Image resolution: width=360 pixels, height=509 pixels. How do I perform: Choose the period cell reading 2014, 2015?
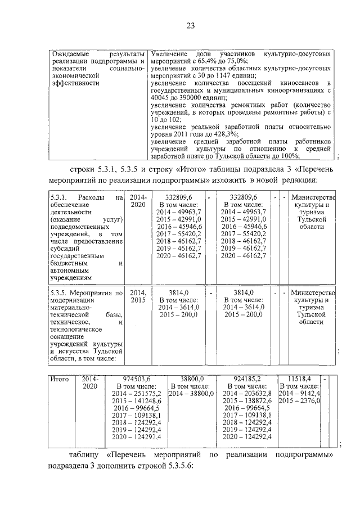138,296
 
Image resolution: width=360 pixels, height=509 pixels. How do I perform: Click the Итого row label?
60,379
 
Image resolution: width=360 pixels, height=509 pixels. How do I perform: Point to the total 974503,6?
137,379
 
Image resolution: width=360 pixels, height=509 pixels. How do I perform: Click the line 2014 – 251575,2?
137,394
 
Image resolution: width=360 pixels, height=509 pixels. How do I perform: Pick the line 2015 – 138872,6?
246,401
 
